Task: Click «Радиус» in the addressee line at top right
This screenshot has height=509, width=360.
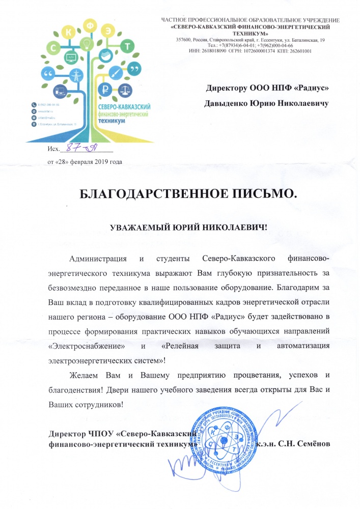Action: (x=309, y=88)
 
